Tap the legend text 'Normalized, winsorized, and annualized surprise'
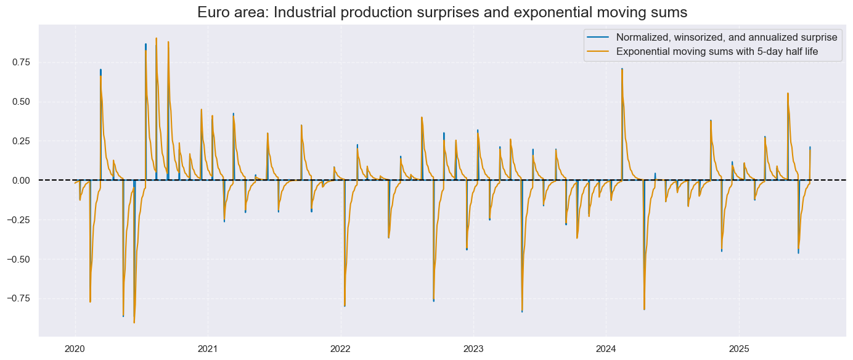727,37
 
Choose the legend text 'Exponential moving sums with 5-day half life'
717,52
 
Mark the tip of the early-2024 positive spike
622,69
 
